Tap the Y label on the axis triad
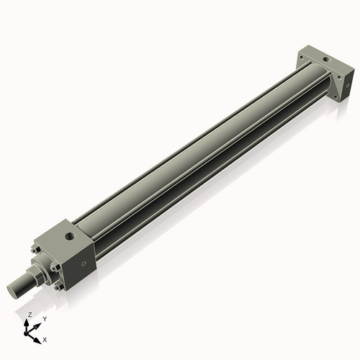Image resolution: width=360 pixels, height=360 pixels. point(44,318)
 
